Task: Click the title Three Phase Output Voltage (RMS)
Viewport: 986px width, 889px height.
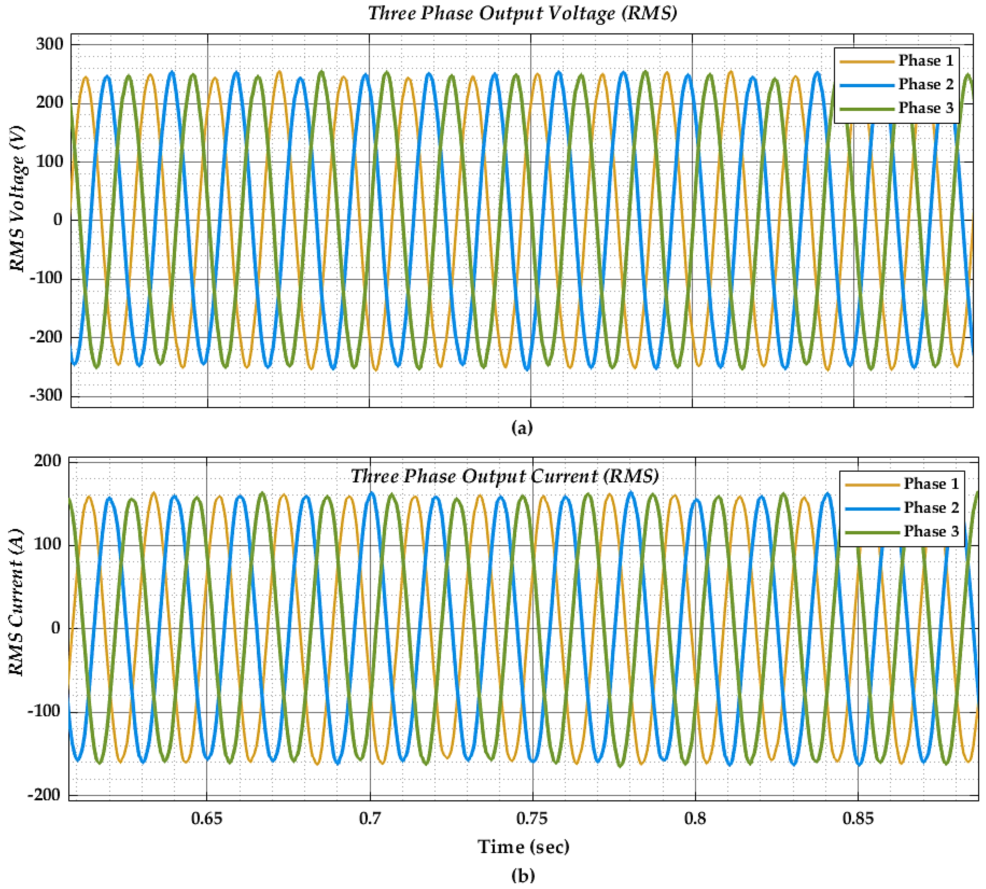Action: [522, 13]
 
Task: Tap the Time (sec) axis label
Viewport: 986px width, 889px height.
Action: [523, 847]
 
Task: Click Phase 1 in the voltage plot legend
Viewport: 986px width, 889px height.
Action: [926, 60]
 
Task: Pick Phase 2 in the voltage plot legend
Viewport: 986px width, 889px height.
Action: [926, 84]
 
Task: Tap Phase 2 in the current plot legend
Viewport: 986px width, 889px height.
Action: [931, 507]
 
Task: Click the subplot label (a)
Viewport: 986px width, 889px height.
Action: [522, 428]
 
